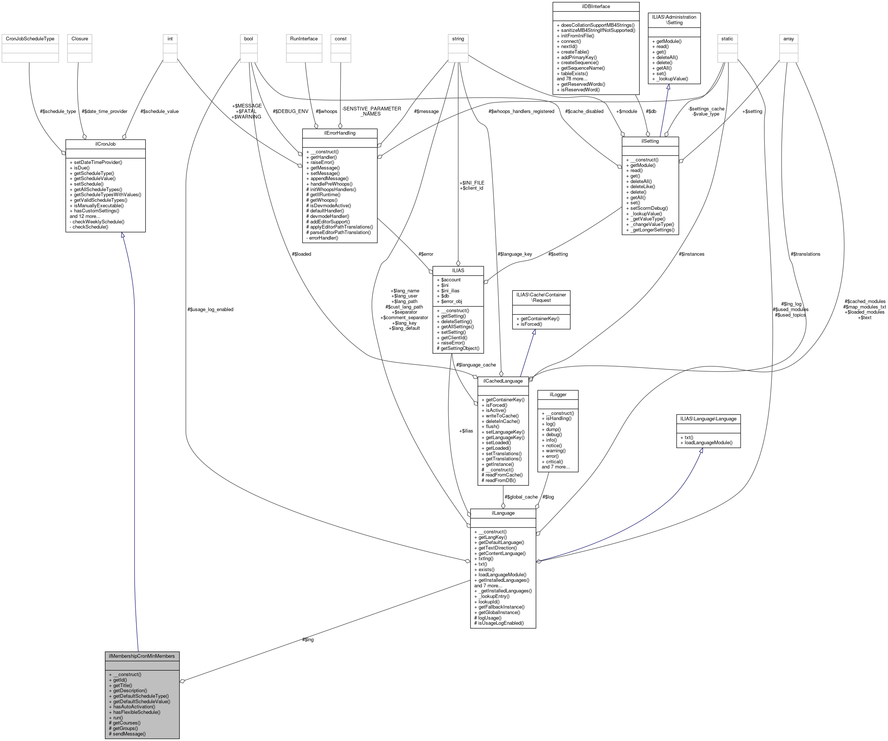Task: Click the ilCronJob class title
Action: coord(105,144)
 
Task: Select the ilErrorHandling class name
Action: coord(340,133)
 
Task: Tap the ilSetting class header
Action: coord(650,141)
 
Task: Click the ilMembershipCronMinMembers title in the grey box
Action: coord(142,656)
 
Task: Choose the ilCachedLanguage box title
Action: coord(503,381)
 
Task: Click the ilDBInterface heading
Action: coord(595,6)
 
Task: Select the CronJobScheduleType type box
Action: coord(30,39)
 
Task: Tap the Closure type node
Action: coord(80,39)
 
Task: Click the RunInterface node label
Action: coord(304,39)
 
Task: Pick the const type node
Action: coord(340,39)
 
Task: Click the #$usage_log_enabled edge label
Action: coord(210,309)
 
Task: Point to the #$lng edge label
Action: coord(308,639)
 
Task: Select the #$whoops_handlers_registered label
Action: coord(521,111)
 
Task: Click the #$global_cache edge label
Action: coord(521,497)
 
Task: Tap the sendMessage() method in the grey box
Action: coord(129,733)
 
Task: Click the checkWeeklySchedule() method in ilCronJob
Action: coord(98,222)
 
